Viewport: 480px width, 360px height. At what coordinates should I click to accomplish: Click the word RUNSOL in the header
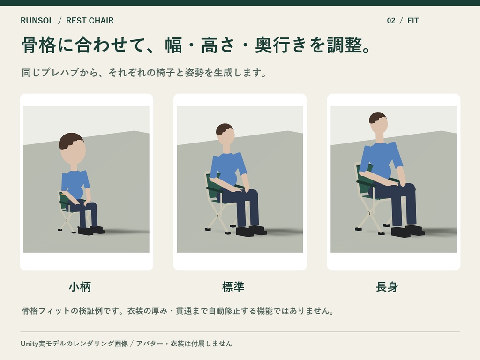37,21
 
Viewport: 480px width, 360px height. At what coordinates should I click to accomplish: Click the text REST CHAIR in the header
90,21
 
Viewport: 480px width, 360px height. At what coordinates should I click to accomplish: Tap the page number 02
391,21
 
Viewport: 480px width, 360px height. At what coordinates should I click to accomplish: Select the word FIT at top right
413,21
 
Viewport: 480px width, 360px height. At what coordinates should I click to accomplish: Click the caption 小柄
80,287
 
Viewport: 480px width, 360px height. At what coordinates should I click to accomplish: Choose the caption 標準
233,287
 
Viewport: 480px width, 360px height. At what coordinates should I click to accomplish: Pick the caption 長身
387,287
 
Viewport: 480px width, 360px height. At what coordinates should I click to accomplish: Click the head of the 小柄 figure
72,149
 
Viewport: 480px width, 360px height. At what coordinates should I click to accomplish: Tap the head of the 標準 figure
225,134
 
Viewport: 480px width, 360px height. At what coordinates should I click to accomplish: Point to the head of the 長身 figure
378,122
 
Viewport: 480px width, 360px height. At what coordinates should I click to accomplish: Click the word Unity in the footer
30,344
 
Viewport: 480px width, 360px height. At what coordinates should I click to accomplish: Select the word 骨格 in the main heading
39,45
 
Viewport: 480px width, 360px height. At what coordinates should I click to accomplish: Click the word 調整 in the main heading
345,45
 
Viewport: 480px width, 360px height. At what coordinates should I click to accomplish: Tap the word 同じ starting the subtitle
31,73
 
